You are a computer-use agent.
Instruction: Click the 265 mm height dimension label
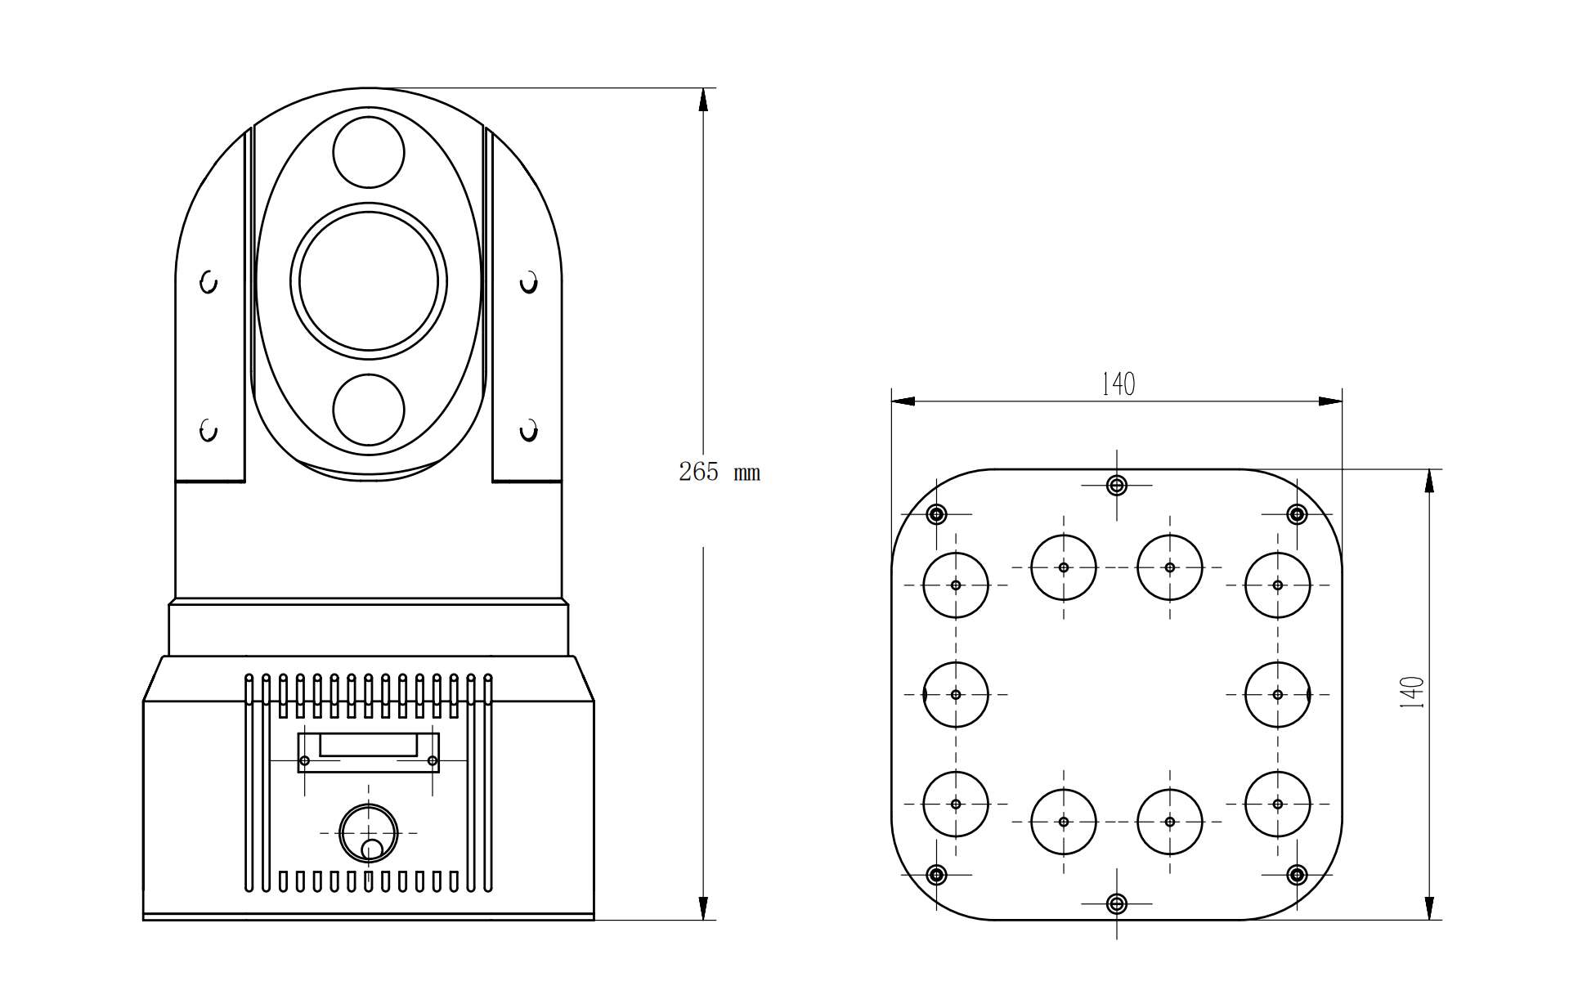pyautogui.click(x=719, y=472)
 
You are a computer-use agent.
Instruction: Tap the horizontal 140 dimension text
pyautogui.click(x=1118, y=383)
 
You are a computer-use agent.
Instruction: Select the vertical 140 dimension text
pyautogui.click(x=1412, y=692)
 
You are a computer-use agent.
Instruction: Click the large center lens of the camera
pyautogui.click(x=369, y=281)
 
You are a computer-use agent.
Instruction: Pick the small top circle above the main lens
pyautogui.click(x=369, y=152)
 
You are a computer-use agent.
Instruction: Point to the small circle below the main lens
pyautogui.click(x=369, y=410)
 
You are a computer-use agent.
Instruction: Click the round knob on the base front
pyautogui.click(x=369, y=833)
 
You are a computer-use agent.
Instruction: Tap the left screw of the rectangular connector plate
pyautogui.click(x=305, y=761)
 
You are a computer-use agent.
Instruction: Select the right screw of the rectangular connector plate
pyautogui.click(x=433, y=761)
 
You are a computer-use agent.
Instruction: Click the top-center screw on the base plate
pyautogui.click(x=1117, y=486)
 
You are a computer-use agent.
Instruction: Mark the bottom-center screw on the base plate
pyautogui.click(x=1117, y=903)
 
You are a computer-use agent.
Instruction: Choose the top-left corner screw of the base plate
pyautogui.click(x=937, y=514)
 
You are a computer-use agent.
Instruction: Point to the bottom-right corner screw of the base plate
pyautogui.click(x=1297, y=875)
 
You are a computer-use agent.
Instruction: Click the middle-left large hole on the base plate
pyautogui.click(x=956, y=695)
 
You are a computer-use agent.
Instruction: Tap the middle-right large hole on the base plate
pyautogui.click(x=1278, y=695)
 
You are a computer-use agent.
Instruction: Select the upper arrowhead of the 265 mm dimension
pyautogui.click(x=703, y=100)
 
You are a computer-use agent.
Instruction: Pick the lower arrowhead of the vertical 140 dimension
pyautogui.click(x=1429, y=908)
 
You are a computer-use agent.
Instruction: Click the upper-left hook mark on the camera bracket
pyautogui.click(x=208, y=283)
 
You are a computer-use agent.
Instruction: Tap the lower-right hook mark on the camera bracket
pyautogui.click(x=529, y=430)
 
